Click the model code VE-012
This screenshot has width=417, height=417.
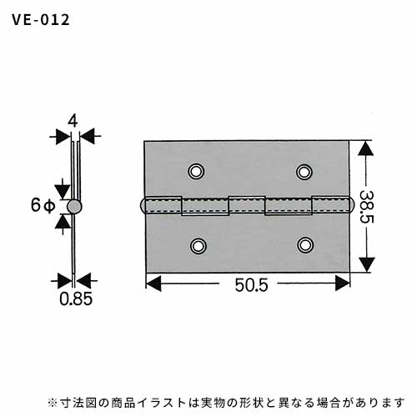tap(41, 20)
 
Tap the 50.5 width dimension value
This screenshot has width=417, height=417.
tap(251, 285)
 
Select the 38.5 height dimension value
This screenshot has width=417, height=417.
tap(366, 207)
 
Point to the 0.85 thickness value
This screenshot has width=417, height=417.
tap(76, 299)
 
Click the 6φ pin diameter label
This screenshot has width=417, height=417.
tap(43, 206)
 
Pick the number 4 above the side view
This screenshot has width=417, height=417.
tap(73, 121)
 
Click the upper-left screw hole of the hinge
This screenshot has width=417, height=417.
tap(196, 171)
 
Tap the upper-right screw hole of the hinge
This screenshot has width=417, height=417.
tap(304, 172)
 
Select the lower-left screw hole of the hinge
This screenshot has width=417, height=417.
tap(198, 246)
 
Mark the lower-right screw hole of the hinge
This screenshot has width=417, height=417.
tap(305, 245)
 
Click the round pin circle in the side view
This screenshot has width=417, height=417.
tap(74, 207)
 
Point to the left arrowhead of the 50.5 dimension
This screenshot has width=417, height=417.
tap(153, 284)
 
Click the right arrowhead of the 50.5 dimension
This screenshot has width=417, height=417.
tap(342, 284)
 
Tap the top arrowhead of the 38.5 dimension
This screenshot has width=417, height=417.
tap(366, 148)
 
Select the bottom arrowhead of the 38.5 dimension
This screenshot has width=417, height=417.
tap(367, 264)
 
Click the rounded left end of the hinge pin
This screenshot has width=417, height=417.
tap(143, 205)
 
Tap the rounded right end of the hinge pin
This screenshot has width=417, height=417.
tap(351, 205)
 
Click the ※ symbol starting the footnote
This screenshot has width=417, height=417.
tap(53, 402)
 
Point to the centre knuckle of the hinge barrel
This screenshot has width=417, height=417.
tap(247, 205)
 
